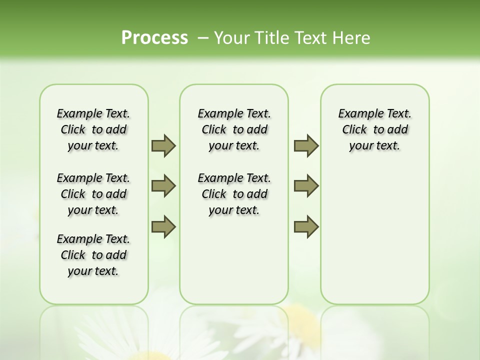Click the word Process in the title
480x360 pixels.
[154, 38]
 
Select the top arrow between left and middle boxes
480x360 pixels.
[163, 145]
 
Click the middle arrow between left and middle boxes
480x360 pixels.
[163, 186]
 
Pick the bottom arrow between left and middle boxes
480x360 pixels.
[163, 227]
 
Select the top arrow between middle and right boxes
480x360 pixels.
[306, 145]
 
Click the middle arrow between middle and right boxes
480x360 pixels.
[306, 186]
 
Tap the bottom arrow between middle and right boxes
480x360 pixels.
[306, 227]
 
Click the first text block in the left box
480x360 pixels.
[93, 129]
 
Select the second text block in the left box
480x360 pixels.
[93, 194]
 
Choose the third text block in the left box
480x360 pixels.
[93, 255]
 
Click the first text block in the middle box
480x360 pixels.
[234, 129]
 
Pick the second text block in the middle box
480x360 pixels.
[234, 194]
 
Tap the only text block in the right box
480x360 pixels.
[375, 129]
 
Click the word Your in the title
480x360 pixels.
[231, 38]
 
